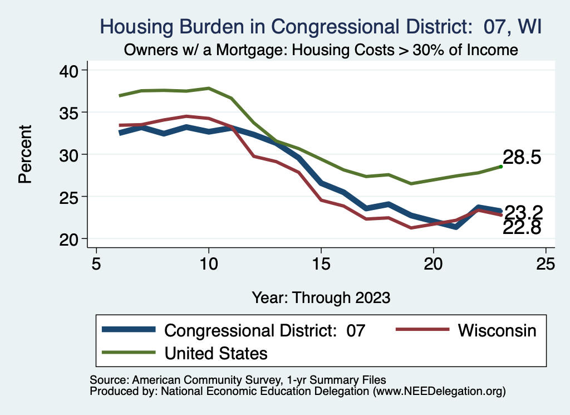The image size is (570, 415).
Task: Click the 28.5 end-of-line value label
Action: [x=522, y=158]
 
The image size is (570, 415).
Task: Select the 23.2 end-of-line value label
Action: [x=523, y=212]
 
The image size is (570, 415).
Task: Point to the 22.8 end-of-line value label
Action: [x=522, y=227]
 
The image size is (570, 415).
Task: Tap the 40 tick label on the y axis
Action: [x=70, y=70]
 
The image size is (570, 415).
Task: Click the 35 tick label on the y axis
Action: [x=70, y=113]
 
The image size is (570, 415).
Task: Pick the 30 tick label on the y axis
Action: [x=70, y=154]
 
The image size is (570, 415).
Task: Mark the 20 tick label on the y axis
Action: [x=70, y=239]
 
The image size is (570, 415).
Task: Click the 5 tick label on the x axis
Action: [x=96, y=263]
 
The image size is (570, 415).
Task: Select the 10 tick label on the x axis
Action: [x=209, y=263]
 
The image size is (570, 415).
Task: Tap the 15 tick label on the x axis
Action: [x=321, y=263]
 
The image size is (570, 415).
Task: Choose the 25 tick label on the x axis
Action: [x=546, y=263]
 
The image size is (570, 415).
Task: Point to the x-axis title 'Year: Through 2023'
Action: [x=321, y=296]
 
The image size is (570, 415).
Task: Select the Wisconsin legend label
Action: [x=497, y=330]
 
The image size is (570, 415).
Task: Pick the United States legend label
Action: [x=216, y=353]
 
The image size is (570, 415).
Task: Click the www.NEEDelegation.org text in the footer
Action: [x=440, y=391]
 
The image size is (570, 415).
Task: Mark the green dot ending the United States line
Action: [x=501, y=166]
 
